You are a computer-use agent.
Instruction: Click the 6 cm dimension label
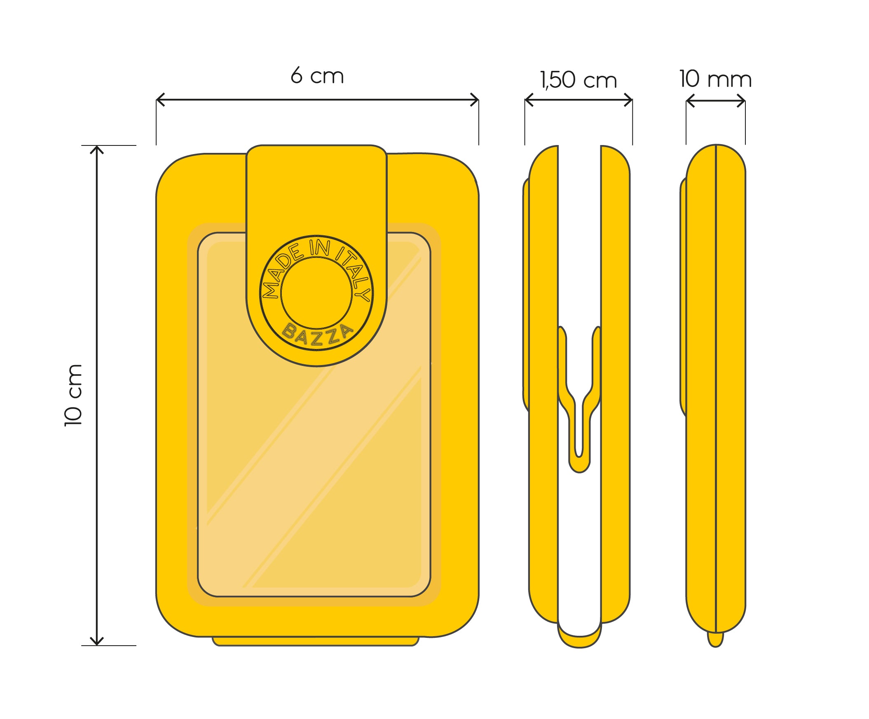pos(317,76)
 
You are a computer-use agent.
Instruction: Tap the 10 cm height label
pos(74,395)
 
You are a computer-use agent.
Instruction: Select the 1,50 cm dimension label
pos(579,80)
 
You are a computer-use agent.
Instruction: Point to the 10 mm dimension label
pos(715,79)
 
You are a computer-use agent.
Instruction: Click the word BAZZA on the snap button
pos(317,335)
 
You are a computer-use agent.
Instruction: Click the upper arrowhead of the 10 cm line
pos(96,150)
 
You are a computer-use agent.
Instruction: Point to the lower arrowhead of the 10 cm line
pos(96,641)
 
